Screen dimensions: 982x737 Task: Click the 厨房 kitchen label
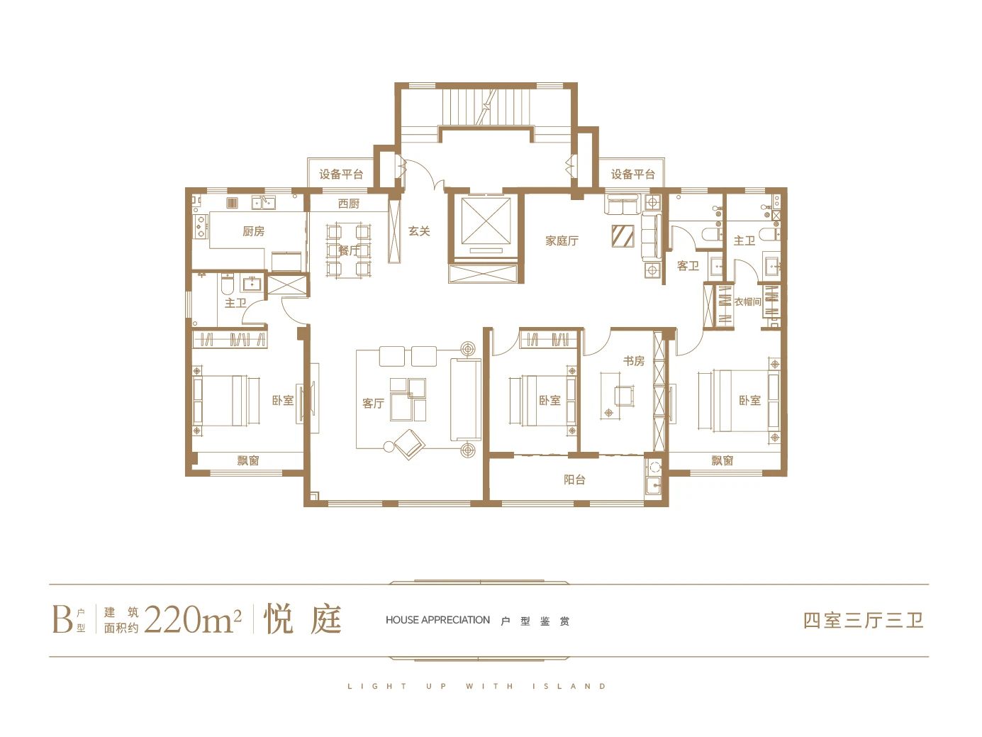[253, 231]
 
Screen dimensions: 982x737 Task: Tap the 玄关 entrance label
[419, 231]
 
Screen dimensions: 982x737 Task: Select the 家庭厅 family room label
[562, 240]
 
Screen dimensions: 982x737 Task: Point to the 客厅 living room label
[373, 403]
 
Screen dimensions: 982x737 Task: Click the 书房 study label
[634, 360]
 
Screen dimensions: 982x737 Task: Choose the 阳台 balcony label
[574, 480]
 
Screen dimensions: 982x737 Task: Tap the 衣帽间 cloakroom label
[747, 301]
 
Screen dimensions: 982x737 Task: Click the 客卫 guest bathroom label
[688, 266]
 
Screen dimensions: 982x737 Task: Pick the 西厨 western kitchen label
[349, 204]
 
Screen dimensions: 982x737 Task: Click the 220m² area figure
[193, 619]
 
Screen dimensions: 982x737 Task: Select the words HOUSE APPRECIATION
[437, 620]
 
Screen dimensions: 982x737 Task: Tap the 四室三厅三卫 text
[863, 620]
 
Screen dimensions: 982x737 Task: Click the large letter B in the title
[62, 619]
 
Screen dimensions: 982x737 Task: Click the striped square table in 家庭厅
[623, 235]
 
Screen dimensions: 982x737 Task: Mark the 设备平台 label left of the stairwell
[341, 174]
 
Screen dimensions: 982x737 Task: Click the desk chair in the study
[624, 396]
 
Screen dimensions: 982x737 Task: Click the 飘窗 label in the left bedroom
[248, 460]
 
